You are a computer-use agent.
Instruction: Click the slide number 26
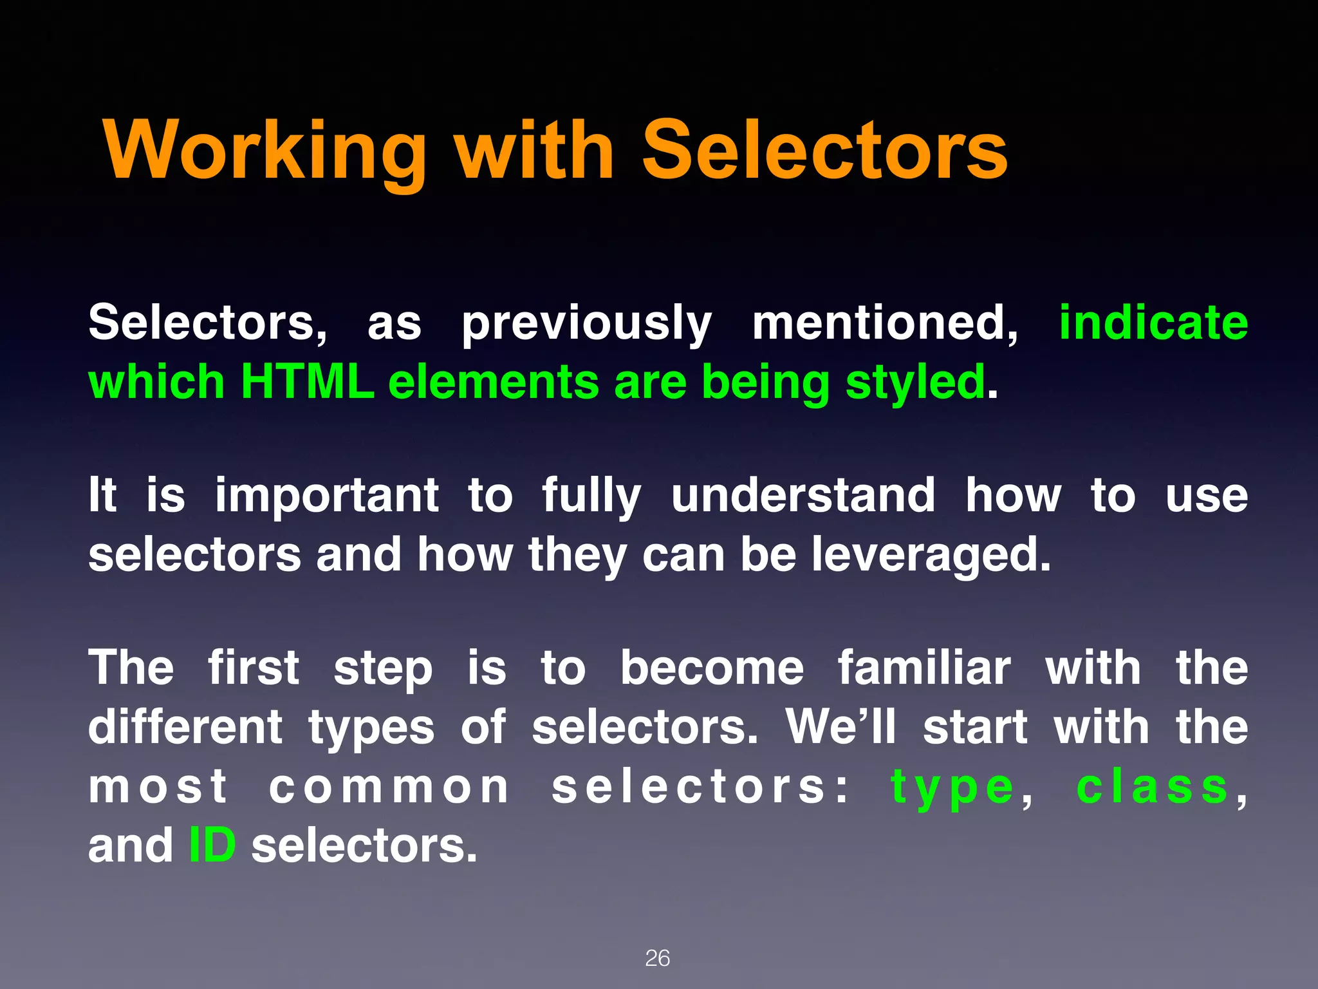(x=657, y=958)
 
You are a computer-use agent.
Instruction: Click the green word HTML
(x=308, y=382)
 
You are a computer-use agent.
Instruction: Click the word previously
(x=586, y=324)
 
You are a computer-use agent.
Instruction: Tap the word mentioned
(x=885, y=324)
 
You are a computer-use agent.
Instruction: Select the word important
(x=327, y=496)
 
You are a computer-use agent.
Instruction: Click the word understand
(x=803, y=495)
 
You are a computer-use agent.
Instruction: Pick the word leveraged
(x=930, y=556)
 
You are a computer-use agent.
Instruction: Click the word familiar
(x=924, y=668)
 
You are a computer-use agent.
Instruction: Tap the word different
(x=185, y=727)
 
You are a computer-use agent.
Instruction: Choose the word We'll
(x=840, y=727)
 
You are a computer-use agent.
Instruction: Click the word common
(x=389, y=787)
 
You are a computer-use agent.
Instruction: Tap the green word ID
(x=212, y=845)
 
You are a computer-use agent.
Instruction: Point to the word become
(x=711, y=668)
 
